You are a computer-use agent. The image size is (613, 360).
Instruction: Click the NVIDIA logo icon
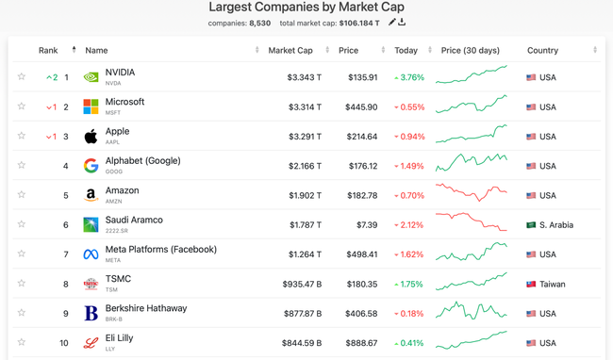pos(91,77)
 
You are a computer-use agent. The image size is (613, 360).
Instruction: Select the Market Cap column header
pos(290,50)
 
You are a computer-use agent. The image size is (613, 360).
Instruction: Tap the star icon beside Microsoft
pos(22,106)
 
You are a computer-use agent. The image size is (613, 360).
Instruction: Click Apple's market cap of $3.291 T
pos(304,137)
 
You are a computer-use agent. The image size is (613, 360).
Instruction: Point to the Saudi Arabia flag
pos(531,225)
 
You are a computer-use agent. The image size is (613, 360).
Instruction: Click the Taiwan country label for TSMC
pos(553,284)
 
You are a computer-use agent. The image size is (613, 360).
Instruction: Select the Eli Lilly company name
pos(119,337)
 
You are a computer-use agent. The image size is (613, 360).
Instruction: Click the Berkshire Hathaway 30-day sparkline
pos(472,311)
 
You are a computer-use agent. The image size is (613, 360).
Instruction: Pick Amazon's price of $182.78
pos(362,196)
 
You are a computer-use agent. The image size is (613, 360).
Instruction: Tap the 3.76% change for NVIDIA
pos(409,78)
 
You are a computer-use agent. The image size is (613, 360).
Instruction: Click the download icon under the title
pos(402,22)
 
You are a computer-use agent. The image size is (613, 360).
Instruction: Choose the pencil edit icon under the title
pos(391,22)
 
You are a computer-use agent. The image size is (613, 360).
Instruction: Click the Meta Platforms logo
pos(91,254)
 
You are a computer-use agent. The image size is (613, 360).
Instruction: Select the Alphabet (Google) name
pos(142,161)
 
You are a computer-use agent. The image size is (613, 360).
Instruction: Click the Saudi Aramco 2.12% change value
pos(409,225)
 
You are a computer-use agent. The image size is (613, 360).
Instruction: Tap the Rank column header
pos(48,50)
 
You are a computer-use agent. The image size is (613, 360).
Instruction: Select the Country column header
pos(542,50)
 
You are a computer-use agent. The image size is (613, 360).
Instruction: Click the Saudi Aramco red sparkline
pos(472,222)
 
